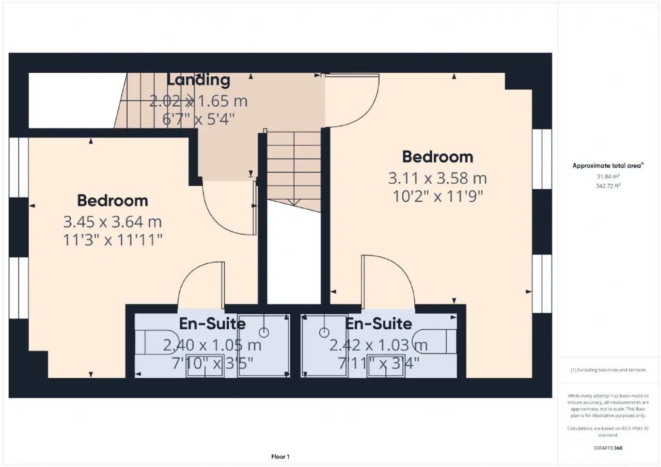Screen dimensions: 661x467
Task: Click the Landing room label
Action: coord(198,80)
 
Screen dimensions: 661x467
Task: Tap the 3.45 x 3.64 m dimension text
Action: coord(113,222)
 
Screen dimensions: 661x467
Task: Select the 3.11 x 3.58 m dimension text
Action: coord(437,179)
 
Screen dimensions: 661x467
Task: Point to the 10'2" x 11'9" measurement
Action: coord(438,197)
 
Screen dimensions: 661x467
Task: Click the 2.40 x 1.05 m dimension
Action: coord(212,345)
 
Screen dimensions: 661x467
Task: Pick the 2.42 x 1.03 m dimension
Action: coord(379,345)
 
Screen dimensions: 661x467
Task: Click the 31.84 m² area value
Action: coord(608,176)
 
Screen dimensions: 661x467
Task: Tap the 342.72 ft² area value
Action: coord(608,186)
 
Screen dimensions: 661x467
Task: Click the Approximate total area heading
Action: coord(608,166)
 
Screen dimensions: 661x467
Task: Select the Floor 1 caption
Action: coord(280,457)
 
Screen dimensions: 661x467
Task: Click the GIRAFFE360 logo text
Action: coord(608,448)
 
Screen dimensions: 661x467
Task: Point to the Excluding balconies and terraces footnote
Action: coord(608,370)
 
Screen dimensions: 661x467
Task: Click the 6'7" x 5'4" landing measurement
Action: coord(198,119)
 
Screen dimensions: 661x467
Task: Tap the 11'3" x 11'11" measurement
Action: coord(113,240)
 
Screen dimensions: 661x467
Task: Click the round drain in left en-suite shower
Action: coord(264,332)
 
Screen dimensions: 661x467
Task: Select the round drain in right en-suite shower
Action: coord(324,332)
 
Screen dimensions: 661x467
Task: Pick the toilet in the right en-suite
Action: coord(434,342)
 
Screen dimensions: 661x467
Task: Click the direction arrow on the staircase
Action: coord(294,202)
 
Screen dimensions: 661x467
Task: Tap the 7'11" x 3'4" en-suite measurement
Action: coord(379,363)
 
